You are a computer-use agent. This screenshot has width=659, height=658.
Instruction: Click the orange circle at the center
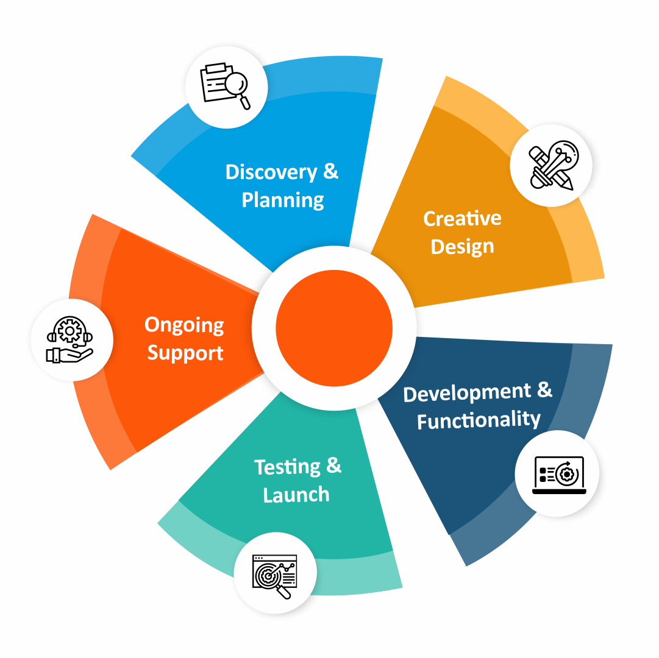coord(334,328)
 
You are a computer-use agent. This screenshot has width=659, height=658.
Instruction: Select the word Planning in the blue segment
coord(283,200)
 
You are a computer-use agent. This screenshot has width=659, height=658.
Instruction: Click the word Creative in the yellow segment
coord(462,219)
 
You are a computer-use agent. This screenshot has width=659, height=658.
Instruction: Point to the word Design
coord(462,247)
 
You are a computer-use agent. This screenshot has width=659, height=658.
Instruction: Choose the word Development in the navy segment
coord(467,393)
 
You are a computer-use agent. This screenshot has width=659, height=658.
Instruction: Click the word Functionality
coord(479,420)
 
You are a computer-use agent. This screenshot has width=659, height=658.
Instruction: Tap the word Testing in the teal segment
coord(287,467)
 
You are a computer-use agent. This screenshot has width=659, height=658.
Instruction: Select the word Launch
coord(296,495)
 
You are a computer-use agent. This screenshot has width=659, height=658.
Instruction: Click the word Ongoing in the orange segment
coord(184,326)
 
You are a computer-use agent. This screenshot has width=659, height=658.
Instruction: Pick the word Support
coord(185,353)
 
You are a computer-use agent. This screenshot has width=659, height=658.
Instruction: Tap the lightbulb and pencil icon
coord(551,166)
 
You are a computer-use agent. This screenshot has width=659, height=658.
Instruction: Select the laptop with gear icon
coord(558,474)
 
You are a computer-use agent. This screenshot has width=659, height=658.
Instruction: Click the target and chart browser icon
coord(275,573)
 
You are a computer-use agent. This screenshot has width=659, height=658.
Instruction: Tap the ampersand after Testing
coord(333,466)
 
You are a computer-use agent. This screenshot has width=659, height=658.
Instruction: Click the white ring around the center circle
coord(334,258)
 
